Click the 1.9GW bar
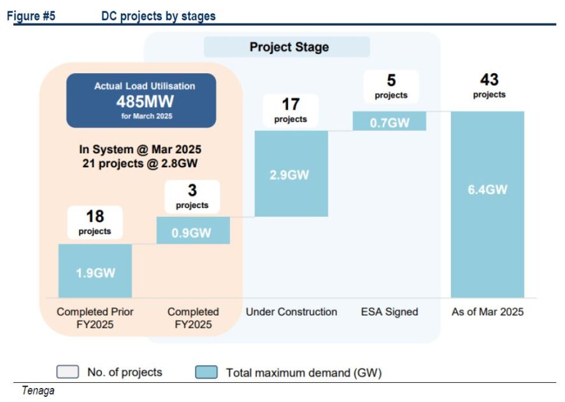(x=95, y=271)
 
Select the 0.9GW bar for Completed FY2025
(x=193, y=230)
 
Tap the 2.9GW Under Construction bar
(x=291, y=174)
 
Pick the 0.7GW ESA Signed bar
(x=390, y=121)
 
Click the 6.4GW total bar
(x=487, y=204)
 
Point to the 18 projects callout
(x=95, y=223)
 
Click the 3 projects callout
(x=192, y=197)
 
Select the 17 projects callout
(x=291, y=110)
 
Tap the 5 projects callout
(x=391, y=87)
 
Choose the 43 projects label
(x=489, y=86)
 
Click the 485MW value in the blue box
(x=145, y=102)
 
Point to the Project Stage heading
(x=289, y=47)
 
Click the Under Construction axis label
(x=292, y=312)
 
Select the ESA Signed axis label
(x=390, y=312)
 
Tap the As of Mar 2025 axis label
(x=487, y=312)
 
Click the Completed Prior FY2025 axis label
(x=95, y=318)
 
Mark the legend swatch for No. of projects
(x=68, y=371)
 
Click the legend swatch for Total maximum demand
(x=206, y=372)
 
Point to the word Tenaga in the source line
(x=38, y=391)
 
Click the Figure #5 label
(x=31, y=16)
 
